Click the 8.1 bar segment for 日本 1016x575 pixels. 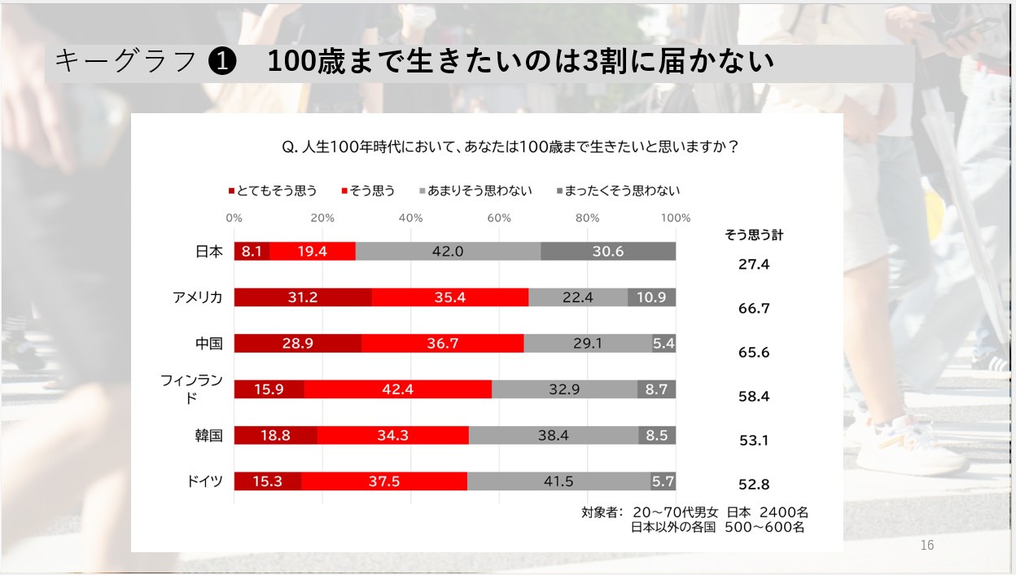[x=252, y=252]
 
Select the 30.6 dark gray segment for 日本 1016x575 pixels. [x=608, y=252]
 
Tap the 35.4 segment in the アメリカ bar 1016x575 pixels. [x=449, y=297]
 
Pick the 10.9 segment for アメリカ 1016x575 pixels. [x=651, y=297]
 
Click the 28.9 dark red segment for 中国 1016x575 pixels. [x=298, y=344]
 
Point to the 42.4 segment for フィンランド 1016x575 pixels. [x=397, y=389]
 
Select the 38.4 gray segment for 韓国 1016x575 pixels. [x=554, y=436]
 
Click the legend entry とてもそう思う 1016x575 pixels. [x=274, y=191]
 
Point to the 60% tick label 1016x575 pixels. [x=498, y=218]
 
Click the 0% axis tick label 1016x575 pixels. [x=234, y=218]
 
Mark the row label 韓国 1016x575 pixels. [x=209, y=436]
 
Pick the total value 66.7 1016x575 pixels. [x=753, y=309]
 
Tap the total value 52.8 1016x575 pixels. [x=753, y=485]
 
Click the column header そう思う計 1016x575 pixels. [x=754, y=235]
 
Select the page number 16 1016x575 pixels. [x=927, y=546]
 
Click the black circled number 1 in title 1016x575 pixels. [x=222, y=62]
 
